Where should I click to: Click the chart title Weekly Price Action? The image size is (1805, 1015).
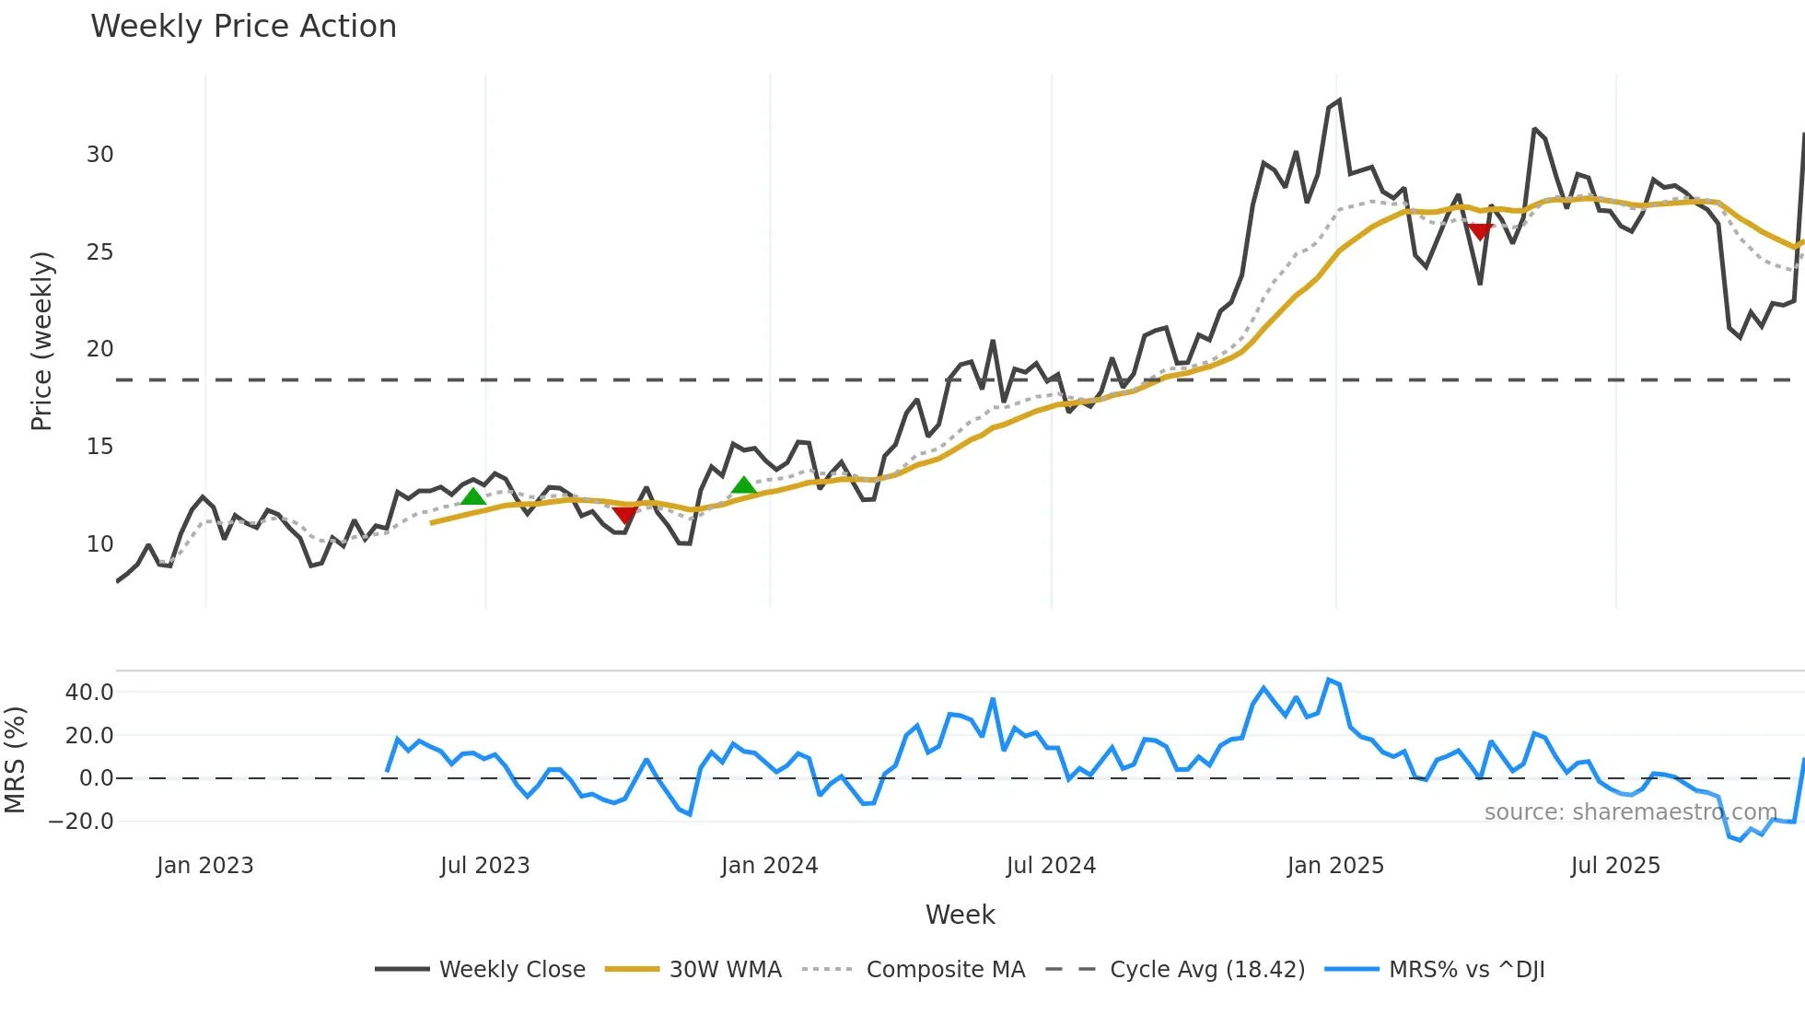pyautogui.click(x=243, y=27)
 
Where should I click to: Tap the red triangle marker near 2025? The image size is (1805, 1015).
pyautogui.click(x=1480, y=231)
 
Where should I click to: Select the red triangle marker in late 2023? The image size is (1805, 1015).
pyautogui.click(x=624, y=514)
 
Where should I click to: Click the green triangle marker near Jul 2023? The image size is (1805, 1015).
pyautogui.click(x=472, y=496)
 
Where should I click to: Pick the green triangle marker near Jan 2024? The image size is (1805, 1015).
pyautogui.click(x=743, y=485)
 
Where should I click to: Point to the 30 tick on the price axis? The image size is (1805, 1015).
pyautogui.click(x=99, y=155)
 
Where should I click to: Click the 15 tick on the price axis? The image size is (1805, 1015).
pyautogui.click(x=99, y=447)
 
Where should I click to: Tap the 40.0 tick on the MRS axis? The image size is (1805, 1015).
pyautogui.click(x=89, y=692)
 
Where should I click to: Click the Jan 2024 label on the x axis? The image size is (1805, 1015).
pyautogui.click(x=769, y=866)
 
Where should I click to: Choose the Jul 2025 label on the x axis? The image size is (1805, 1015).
pyautogui.click(x=1615, y=866)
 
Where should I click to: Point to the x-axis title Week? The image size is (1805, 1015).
pyautogui.click(x=960, y=915)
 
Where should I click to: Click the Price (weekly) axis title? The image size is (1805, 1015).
pyautogui.click(x=42, y=341)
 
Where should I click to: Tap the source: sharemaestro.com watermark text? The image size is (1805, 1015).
pyautogui.click(x=1630, y=812)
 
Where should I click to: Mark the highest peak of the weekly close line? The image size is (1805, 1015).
pyautogui.click(x=1339, y=100)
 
